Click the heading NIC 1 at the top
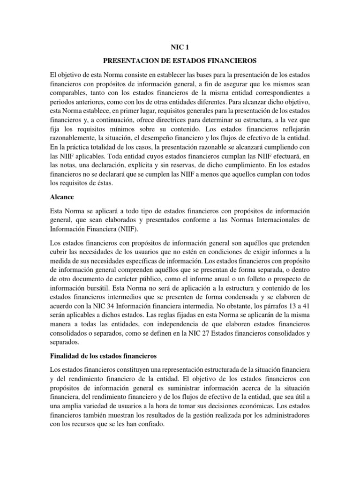(x=180, y=47)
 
